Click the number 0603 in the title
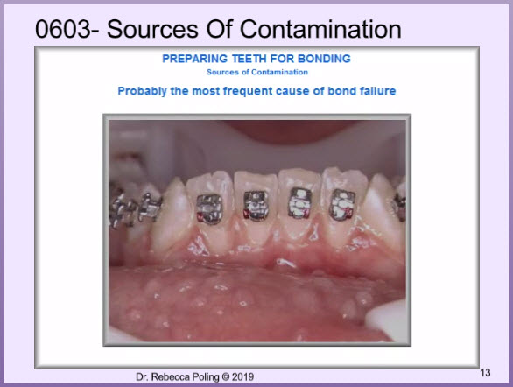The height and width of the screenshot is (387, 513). pyautogui.click(x=63, y=29)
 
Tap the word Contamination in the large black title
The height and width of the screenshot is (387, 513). pyautogui.click(x=320, y=29)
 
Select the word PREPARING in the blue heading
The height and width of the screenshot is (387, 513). pyautogui.click(x=194, y=59)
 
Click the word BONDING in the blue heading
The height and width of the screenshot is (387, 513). pyautogui.click(x=324, y=59)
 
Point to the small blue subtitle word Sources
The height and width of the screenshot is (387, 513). pyautogui.click(x=222, y=72)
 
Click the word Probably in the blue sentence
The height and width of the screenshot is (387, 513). pyautogui.click(x=143, y=91)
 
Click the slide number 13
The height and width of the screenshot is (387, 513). pyautogui.click(x=485, y=373)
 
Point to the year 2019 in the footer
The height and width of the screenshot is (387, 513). pyautogui.click(x=242, y=376)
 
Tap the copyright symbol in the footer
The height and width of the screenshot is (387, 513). pyautogui.click(x=226, y=376)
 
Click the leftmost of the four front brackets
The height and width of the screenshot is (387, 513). pyautogui.click(x=209, y=208)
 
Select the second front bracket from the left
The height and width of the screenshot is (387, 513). pyautogui.click(x=256, y=206)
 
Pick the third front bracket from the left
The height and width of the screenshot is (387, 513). pyautogui.click(x=299, y=203)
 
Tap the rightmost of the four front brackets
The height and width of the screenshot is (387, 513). pyautogui.click(x=342, y=205)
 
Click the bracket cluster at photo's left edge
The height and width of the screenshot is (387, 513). pyautogui.click(x=135, y=209)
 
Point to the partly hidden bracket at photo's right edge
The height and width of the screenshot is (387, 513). pyautogui.click(x=400, y=206)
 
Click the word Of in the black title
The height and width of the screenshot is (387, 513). pyautogui.click(x=219, y=29)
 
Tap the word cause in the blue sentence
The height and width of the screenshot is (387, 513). pyautogui.click(x=292, y=91)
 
